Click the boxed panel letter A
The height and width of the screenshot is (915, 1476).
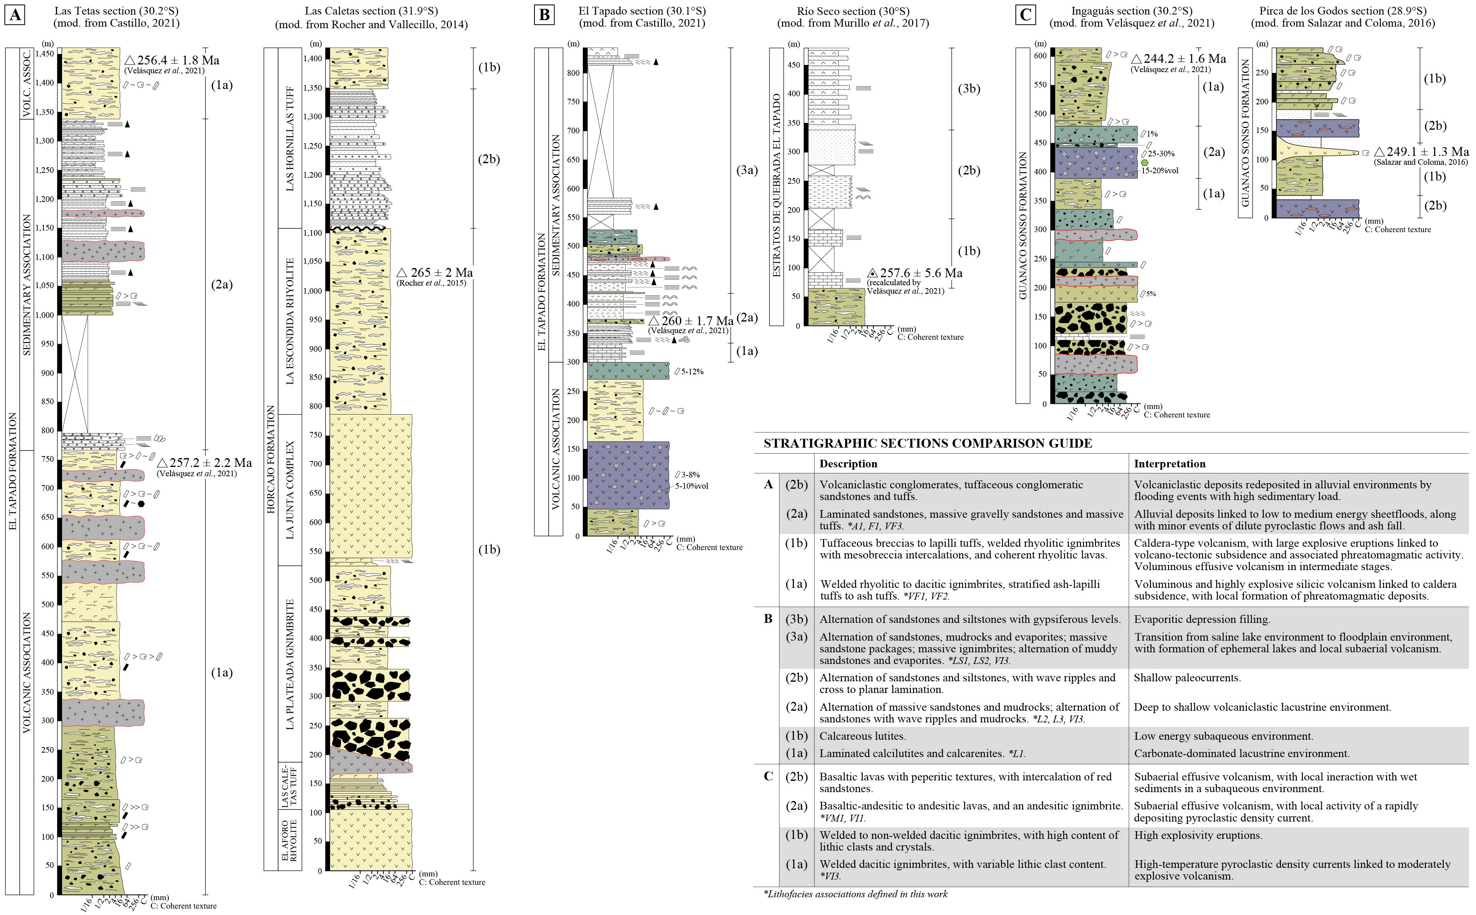[15, 15]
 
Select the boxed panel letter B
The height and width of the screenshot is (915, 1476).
[544, 15]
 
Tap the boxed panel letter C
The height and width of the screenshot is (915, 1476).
[1025, 15]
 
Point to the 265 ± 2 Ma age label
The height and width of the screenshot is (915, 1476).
[434, 273]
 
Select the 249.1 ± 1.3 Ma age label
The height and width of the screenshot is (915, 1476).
[1421, 152]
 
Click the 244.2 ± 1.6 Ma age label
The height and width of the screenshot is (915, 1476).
[1178, 59]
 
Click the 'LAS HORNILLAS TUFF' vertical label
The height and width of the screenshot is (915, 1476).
[289, 138]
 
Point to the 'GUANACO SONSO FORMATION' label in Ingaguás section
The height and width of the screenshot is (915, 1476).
[1023, 225]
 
